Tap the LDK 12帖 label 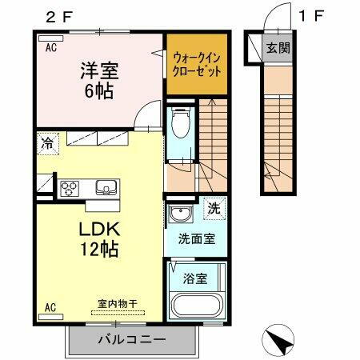(x=98, y=239)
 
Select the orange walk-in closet (x=197, y=62)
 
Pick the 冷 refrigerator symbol (x=46, y=146)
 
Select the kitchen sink (x=106, y=188)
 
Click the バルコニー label (x=131, y=339)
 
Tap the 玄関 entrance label (x=278, y=48)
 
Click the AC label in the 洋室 (x=50, y=48)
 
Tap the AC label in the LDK (x=50, y=306)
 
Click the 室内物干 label (x=117, y=303)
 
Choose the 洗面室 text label (x=195, y=239)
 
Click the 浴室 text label (x=195, y=280)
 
